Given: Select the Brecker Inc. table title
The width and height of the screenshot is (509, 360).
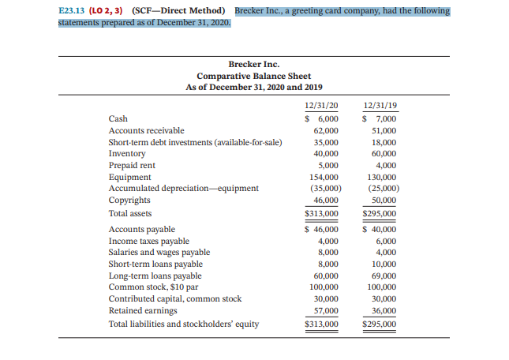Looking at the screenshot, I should (253, 64).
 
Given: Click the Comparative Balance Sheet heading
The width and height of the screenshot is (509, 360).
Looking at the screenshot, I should (253, 76).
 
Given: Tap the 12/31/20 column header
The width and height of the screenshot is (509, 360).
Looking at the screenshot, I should (321, 106).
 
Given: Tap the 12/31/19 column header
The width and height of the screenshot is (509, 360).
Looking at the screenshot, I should (379, 106).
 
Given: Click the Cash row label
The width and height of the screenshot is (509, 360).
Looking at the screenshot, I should (118, 118).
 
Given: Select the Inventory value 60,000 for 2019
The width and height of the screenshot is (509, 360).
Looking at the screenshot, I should (384, 154).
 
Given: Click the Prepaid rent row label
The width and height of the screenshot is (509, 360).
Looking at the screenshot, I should (132, 166).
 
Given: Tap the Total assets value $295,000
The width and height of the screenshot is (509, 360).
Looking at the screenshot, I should (379, 214).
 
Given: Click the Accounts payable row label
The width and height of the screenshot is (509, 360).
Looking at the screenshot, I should (142, 230).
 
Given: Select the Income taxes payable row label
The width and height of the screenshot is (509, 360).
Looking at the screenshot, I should (148, 242).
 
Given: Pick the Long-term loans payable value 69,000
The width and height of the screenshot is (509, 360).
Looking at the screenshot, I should (384, 276).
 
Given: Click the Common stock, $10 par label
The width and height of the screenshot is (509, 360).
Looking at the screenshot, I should (152, 288).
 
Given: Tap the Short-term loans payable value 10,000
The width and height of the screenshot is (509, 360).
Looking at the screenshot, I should (384, 264).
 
